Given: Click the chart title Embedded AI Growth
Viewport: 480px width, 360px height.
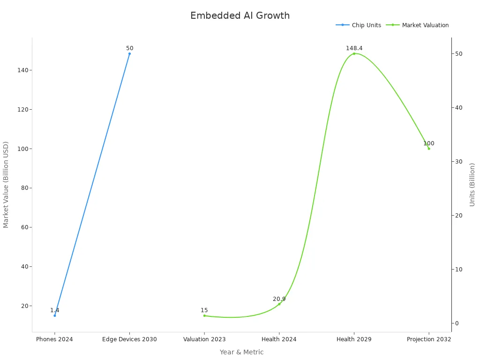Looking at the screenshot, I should (240, 15).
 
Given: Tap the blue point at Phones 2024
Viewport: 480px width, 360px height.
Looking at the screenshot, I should (54, 315).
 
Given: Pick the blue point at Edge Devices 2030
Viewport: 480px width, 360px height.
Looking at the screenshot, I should (129, 53).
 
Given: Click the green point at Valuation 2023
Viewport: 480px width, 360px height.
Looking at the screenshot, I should (204, 315).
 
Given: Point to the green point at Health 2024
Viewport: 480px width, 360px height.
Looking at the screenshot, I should (279, 304).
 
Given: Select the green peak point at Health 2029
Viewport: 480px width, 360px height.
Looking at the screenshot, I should (354, 53).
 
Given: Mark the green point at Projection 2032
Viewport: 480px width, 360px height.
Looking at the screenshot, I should (429, 149).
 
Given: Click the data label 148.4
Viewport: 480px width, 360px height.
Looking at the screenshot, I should (354, 48).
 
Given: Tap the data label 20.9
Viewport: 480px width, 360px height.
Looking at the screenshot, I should (279, 299).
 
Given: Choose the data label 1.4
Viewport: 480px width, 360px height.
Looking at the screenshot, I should (54, 310).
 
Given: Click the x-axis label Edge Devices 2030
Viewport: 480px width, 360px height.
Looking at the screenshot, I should (129, 339).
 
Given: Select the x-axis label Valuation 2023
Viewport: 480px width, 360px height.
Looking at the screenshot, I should (204, 339).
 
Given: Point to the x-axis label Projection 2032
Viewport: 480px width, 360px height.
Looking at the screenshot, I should (429, 339).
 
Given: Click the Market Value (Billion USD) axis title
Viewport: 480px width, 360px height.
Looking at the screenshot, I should (6, 184).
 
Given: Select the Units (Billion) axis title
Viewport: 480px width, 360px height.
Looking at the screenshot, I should (472, 184).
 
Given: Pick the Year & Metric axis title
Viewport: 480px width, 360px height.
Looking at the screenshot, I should (241, 352).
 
